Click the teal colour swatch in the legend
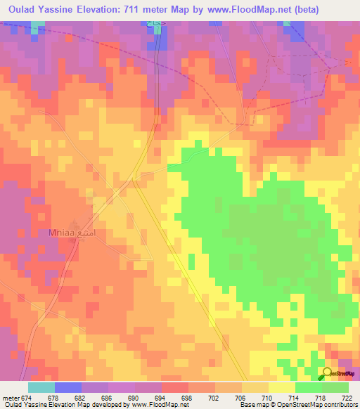[41, 387]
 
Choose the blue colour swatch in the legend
[68, 387]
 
